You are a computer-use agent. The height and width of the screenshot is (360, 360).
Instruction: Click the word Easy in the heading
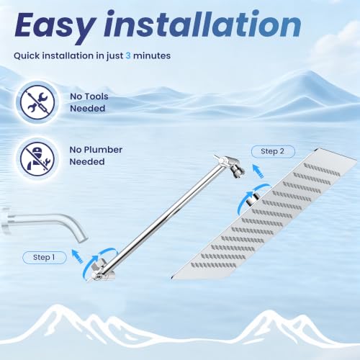point(54,27)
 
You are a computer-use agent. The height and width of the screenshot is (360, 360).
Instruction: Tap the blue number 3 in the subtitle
point(128,55)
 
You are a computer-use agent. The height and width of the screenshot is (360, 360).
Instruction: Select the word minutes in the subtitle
point(152,55)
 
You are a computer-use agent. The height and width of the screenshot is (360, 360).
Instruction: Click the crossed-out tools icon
point(37,102)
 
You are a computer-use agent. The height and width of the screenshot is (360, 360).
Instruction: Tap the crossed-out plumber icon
point(37,158)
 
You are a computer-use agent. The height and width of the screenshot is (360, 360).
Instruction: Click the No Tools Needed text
point(89,102)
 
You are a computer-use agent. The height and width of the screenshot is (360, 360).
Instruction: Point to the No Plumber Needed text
point(96,156)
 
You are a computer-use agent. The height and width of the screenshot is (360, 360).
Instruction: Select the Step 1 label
point(45,258)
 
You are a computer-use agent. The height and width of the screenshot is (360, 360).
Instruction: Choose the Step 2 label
point(273,151)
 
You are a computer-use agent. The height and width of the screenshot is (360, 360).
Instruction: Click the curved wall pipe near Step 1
point(45,223)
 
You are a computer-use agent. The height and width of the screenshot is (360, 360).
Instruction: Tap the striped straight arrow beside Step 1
point(78,256)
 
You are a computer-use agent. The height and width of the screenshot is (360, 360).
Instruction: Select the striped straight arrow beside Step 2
point(258,171)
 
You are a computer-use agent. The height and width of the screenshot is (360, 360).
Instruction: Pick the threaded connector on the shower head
point(253,199)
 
